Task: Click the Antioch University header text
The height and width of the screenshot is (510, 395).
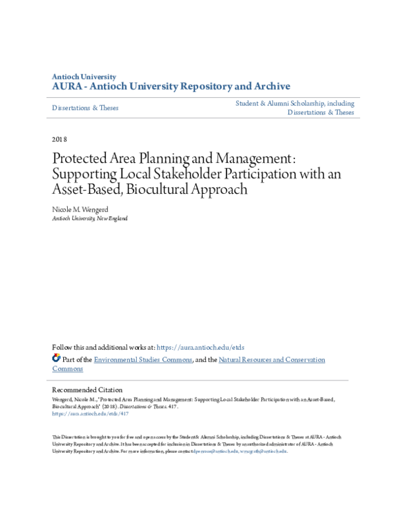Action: [x=84, y=77]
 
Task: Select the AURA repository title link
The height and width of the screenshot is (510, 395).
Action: [x=171, y=87]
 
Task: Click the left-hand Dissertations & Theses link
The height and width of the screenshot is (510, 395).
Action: [x=85, y=107]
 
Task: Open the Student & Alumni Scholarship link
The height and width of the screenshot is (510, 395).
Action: [x=295, y=103]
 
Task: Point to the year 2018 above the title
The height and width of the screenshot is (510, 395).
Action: [x=59, y=139]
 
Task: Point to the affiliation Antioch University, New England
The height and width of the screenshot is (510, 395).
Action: [x=90, y=218]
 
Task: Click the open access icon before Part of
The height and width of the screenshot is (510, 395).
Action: [x=56, y=359]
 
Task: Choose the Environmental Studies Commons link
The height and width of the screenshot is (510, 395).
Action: [x=143, y=359]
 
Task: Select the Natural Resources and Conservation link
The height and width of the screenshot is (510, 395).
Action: [x=272, y=359]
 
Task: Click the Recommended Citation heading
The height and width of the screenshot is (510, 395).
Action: [x=87, y=390]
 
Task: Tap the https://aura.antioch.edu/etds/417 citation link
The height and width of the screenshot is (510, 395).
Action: [x=82, y=415]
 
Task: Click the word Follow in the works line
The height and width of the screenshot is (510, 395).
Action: [x=63, y=347]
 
